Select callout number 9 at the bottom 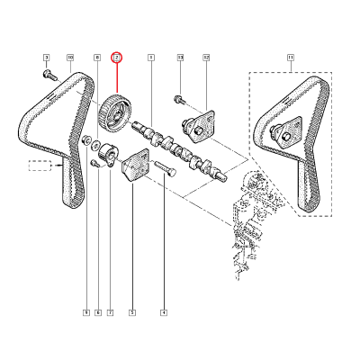click(86, 312)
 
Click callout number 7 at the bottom click(110, 312)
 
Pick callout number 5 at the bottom click(132, 312)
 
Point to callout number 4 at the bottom click(164, 312)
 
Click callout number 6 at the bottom click(98, 312)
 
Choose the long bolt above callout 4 click(163, 168)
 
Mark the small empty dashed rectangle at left click(40, 166)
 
